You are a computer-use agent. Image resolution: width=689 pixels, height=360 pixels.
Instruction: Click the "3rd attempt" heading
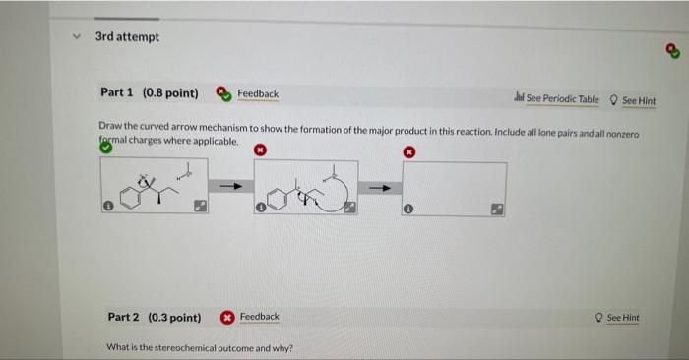tap(127, 37)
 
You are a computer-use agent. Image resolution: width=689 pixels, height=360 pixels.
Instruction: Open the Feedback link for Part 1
tap(258, 94)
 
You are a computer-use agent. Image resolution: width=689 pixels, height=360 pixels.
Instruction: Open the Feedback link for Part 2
tap(260, 317)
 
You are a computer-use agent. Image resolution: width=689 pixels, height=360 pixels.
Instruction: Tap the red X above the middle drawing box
tap(260, 151)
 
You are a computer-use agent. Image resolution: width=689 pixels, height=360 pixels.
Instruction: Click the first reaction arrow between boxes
tap(230, 185)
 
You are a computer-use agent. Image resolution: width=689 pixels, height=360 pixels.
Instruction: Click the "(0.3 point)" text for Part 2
tap(174, 318)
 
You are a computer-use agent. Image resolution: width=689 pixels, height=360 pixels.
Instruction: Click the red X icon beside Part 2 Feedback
tap(227, 317)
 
